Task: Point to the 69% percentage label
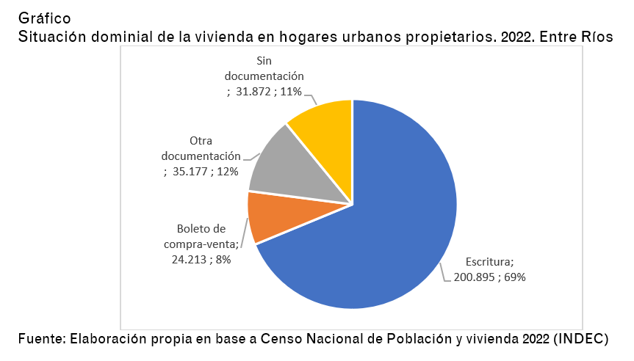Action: tap(514, 277)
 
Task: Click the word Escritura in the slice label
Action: tap(489, 261)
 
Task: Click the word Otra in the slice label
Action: tap(201, 140)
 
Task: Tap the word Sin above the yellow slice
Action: tap(264, 60)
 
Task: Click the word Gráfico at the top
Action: tap(44, 18)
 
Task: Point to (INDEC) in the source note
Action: tap(581, 338)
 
